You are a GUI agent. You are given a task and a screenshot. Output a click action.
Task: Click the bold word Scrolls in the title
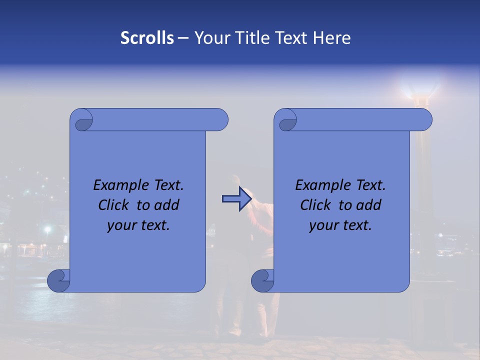point(147,38)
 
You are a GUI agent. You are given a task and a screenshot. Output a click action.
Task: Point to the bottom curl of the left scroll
point(59,281)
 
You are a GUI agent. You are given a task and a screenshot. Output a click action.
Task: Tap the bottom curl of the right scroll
point(263,281)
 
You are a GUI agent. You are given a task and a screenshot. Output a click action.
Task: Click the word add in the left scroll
point(166,205)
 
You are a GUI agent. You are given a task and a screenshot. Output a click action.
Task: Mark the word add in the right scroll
point(369,205)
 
